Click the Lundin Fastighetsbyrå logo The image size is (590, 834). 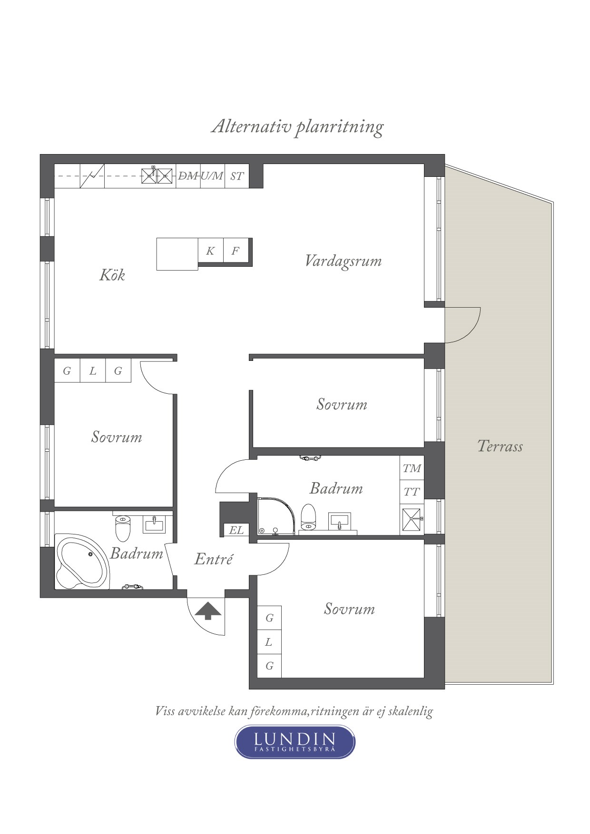click(295, 741)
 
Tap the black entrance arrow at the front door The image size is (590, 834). click(208, 611)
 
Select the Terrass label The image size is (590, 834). click(500, 446)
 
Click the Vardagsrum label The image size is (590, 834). click(343, 261)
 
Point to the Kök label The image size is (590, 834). click(112, 275)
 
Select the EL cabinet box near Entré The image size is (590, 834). click(236, 530)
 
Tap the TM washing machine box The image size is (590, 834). click(412, 468)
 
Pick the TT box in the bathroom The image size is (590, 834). click(412, 492)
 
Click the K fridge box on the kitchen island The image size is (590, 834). click(210, 251)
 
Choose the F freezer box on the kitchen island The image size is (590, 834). click(236, 251)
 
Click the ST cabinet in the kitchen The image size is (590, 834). click(237, 176)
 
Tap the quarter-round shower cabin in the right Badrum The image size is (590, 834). click(276, 516)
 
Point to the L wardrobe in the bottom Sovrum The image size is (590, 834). click(269, 642)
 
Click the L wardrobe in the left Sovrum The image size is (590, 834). click(93, 371)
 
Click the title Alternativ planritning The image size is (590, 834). click(297, 127)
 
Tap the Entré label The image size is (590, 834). click(214, 559)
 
